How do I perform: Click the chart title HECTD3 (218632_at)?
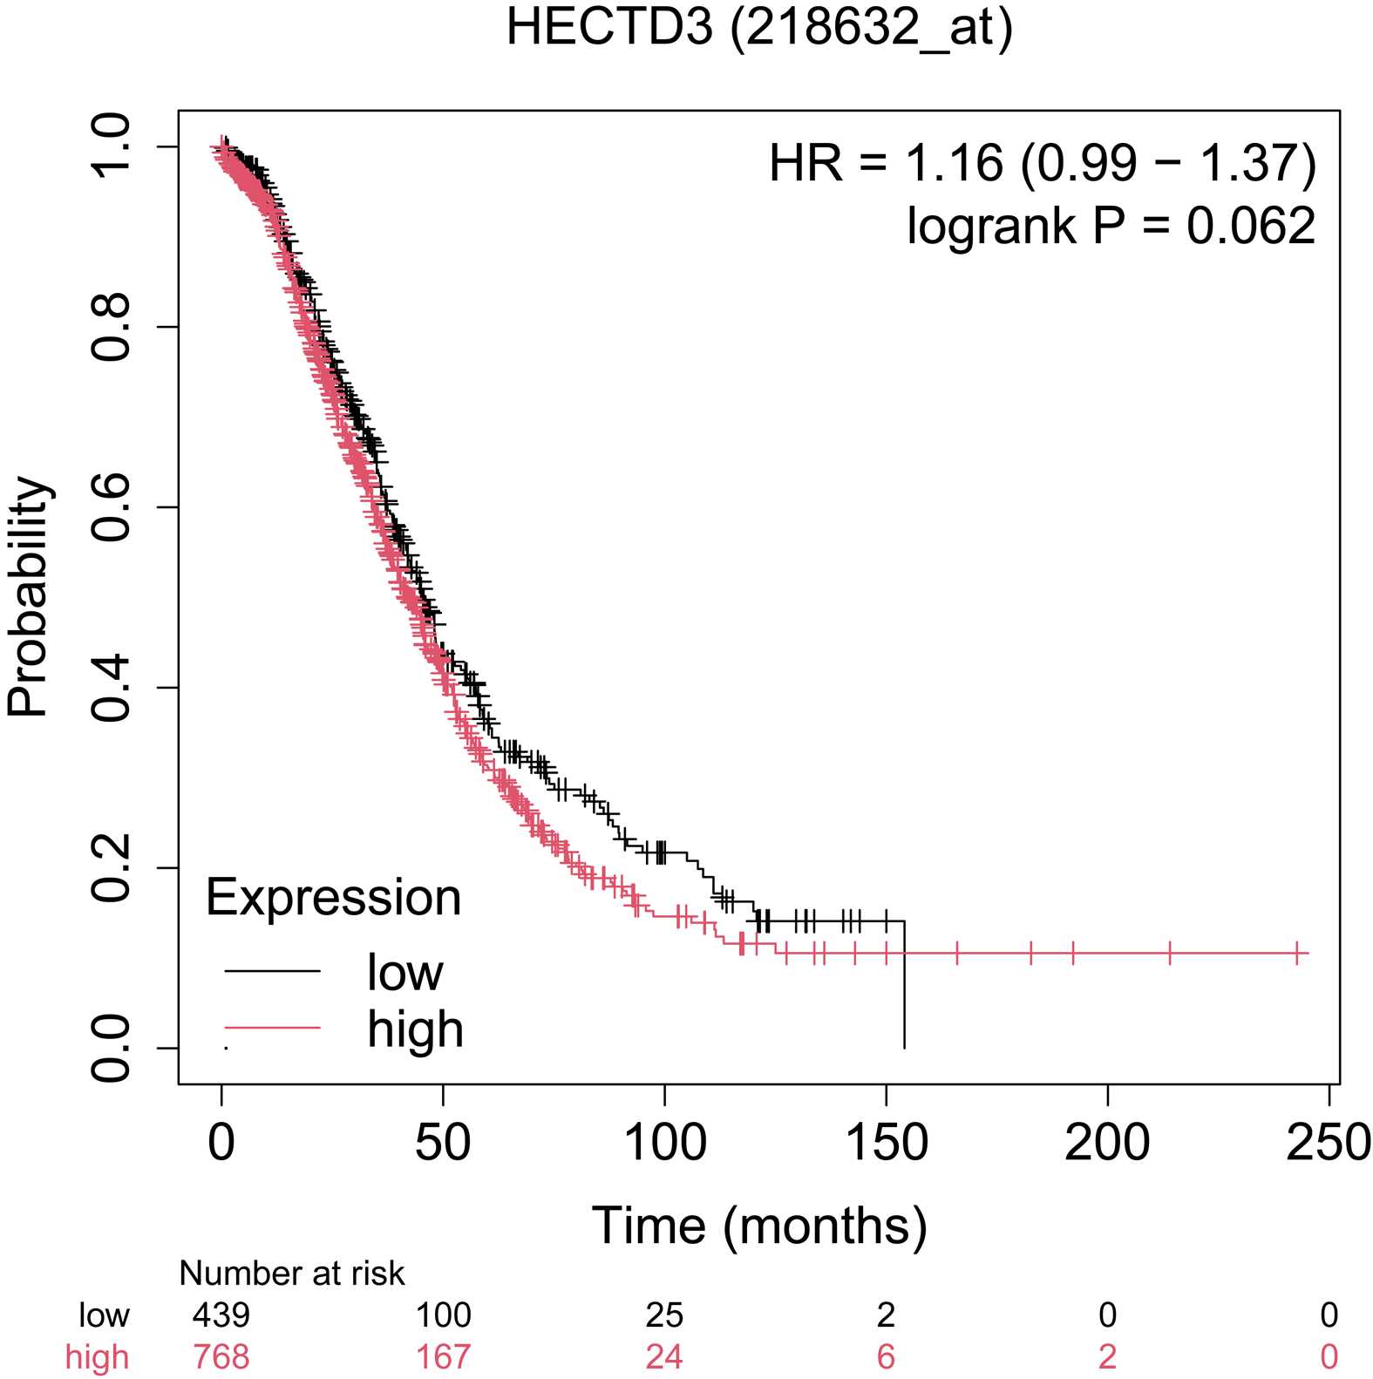[x=758, y=28]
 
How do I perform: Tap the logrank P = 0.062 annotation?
[x=1111, y=226]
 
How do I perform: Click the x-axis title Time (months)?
[x=758, y=1225]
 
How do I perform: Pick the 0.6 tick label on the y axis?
[x=112, y=507]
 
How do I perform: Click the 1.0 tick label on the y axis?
[x=112, y=146]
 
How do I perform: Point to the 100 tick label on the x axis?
[x=664, y=1142]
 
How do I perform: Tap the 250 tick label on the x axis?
[x=1328, y=1142]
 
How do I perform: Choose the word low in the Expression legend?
[x=404, y=972]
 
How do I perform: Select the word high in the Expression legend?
[x=415, y=1029]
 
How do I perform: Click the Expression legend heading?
[x=333, y=897]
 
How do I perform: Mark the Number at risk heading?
[x=292, y=1274]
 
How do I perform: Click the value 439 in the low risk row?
[x=221, y=1314]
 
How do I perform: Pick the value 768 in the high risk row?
[x=221, y=1357]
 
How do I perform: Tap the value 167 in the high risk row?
[x=443, y=1357]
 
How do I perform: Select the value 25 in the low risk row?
[x=664, y=1314]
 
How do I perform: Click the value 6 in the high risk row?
[x=886, y=1357]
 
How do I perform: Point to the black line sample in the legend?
[x=272, y=970]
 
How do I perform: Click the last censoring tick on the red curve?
[x=1297, y=953]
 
